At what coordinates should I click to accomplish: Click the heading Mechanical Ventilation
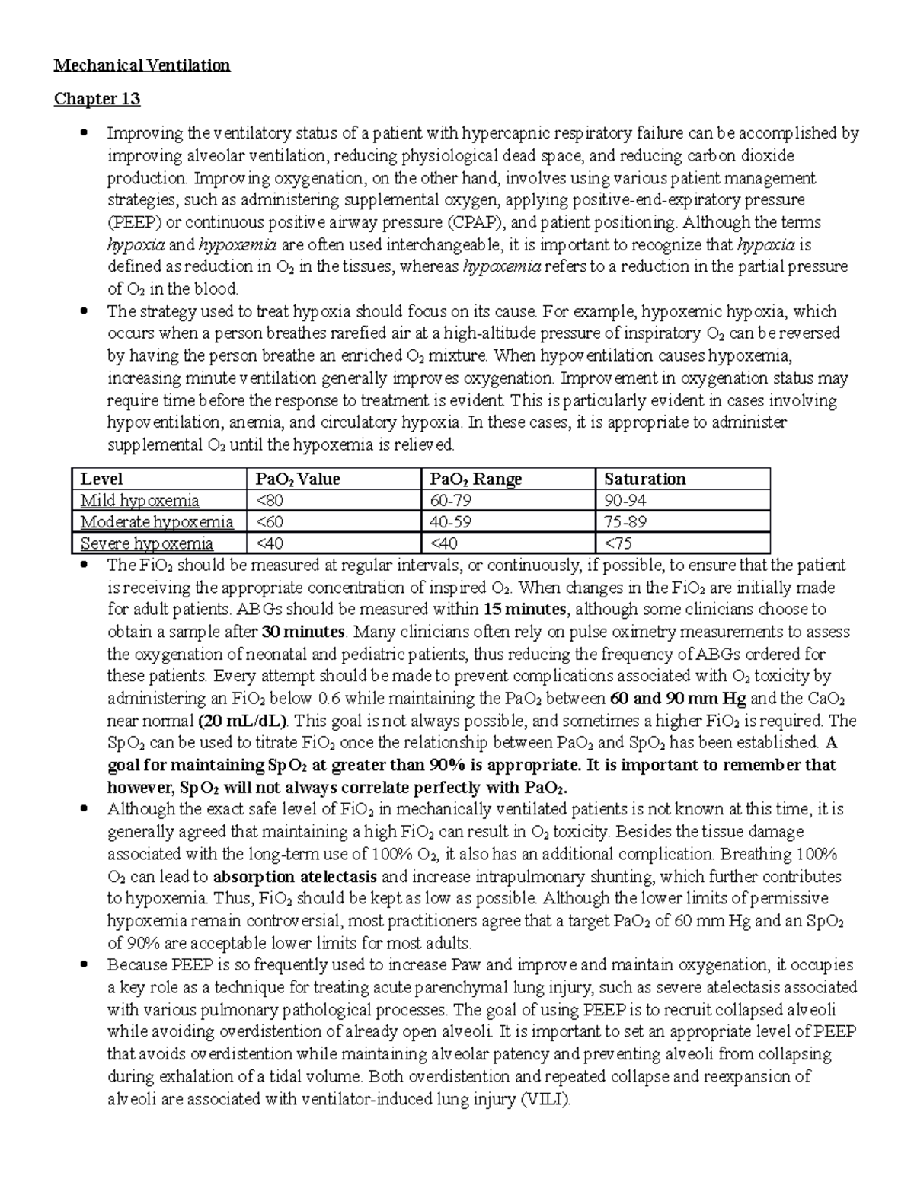(x=142, y=65)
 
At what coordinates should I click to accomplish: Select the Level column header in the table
(x=101, y=479)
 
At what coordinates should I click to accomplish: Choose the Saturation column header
(x=644, y=479)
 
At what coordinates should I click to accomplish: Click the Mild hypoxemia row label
(x=140, y=501)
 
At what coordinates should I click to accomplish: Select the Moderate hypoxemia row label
(x=157, y=522)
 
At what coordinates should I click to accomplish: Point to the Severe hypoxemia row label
(x=147, y=543)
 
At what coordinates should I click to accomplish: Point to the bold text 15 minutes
(x=525, y=609)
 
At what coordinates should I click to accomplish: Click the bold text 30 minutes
(x=303, y=632)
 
